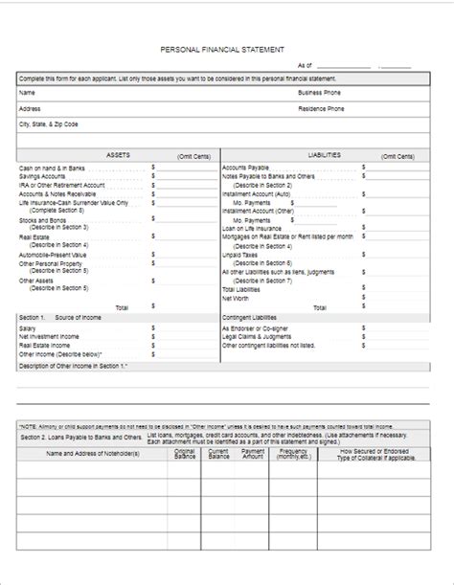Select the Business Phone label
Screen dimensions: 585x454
[x=321, y=93]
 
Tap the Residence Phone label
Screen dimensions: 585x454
[x=321, y=109]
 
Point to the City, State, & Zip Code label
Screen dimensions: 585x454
[x=49, y=124]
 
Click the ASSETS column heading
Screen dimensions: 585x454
[x=119, y=153]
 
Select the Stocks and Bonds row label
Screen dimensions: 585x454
[x=43, y=219]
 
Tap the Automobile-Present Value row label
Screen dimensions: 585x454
[x=54, y=255]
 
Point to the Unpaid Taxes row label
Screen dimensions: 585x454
[x=240, y=255]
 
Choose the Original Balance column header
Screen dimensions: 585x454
[x=185, y=453]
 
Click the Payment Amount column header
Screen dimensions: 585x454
[x=253, y=453]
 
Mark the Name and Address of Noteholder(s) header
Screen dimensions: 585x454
[x=93, y=453]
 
